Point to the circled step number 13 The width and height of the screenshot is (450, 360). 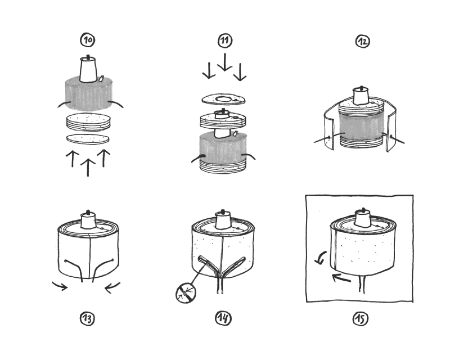point(87,319)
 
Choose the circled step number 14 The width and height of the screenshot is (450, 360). point(223,319)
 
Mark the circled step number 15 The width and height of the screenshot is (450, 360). point(360,319)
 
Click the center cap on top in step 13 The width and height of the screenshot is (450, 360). point(88,220)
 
